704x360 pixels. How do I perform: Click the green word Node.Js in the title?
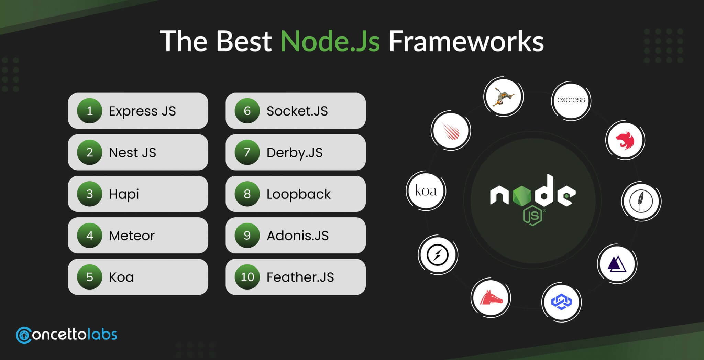coord(330,41)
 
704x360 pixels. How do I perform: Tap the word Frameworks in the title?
coord(466,41)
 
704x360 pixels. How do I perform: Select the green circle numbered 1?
coord(90,111)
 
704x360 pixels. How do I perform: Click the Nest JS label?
coord(132,152)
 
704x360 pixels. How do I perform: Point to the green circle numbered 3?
coord(90,194)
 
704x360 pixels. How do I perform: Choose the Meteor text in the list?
coord(132,236)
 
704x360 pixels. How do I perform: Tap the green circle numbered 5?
coord(90,277)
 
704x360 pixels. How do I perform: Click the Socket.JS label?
coord(297,111)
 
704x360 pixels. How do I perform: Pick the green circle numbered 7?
coord(247,152)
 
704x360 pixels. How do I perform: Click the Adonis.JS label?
coord(298,236)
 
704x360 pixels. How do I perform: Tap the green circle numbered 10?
coord(247,277)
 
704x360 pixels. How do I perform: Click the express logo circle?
coord(571,100)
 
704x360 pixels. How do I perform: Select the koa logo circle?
coord(426,190)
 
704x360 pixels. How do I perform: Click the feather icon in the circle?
coord(641,201)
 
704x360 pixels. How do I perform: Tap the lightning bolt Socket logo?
coord(438,255)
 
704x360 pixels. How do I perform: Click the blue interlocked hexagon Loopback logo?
coord(561,302)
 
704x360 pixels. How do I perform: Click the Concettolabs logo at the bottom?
coord(67,335)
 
